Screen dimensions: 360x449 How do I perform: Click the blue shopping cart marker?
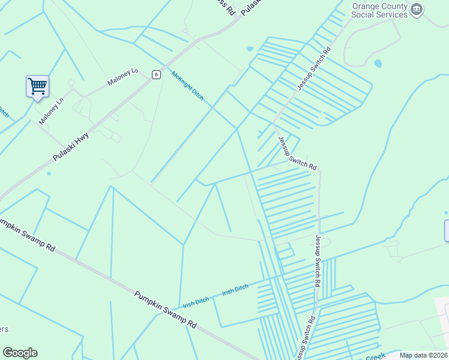pos(37,86)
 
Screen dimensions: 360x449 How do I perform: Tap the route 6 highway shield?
pos(156,74)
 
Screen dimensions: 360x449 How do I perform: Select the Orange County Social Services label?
pos(379,10)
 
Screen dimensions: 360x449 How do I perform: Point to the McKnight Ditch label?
pos(187,86)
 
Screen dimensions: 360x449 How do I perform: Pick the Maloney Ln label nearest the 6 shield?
pos(122,77)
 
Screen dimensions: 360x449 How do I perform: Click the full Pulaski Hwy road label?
pos(70,146)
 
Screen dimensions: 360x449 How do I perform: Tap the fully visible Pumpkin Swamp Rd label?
pos(165,309)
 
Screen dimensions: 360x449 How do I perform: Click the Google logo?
pos(20,353)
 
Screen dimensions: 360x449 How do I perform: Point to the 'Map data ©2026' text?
pos(423,355)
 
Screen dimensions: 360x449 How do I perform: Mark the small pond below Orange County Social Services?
pos(378,63)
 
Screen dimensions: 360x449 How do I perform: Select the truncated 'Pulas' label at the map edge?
pos(253,7)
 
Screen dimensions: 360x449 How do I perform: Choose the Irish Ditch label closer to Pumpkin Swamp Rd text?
pos(196,302)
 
